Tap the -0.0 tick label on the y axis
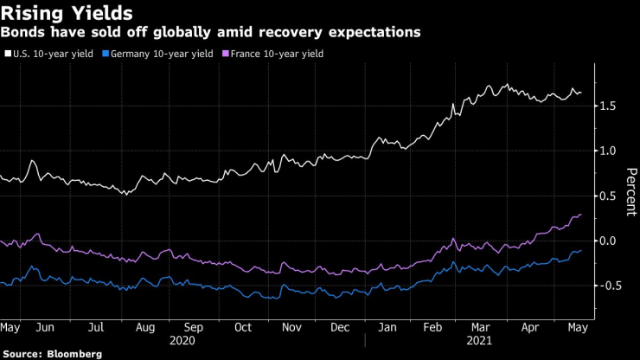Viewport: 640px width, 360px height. tap(609, 241)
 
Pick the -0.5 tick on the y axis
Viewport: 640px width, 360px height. tap(609, 286)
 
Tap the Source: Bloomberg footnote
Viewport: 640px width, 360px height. tap(52, 354)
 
